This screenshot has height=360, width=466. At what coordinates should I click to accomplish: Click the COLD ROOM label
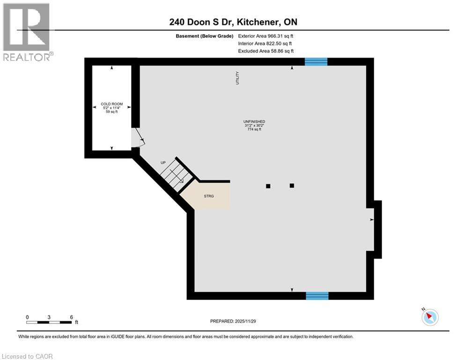point(111,104)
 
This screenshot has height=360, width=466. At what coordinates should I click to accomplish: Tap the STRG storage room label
point(209,196)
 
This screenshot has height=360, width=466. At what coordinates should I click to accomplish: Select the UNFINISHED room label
point(254,122)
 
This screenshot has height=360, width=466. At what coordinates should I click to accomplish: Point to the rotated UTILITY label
point(237,78)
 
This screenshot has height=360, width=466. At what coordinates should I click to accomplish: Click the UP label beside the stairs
point(163,163)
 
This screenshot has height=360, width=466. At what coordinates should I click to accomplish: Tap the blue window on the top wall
point(316,61)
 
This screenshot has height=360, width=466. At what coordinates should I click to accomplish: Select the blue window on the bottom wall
point(317,295)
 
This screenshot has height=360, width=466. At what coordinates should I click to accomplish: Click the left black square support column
point(268,186)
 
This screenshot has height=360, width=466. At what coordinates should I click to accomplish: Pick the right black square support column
point(292,186)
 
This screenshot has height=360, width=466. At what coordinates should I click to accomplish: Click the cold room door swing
point(139,138)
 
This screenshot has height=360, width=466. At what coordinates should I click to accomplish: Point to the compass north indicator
point(429,317)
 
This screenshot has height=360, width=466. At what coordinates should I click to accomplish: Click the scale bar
point(49,322)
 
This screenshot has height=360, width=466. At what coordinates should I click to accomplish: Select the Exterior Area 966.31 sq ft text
point(266,36)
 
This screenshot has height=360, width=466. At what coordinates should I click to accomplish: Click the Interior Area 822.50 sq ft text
point(265,44)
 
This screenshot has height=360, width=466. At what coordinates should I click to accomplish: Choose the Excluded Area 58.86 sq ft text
point(266,51)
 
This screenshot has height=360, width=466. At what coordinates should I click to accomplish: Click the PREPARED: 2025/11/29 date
point(233,321)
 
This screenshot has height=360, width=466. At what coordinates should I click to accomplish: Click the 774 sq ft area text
point(254,129)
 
